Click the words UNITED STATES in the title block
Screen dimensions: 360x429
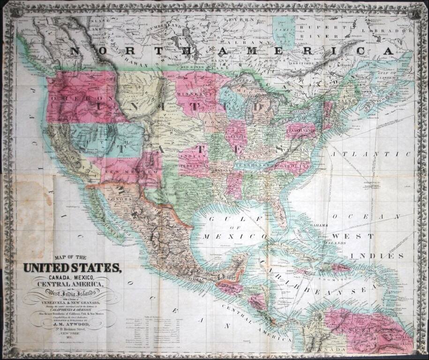coord(72,268)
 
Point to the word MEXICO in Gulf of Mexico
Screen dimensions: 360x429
coord(221,237)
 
